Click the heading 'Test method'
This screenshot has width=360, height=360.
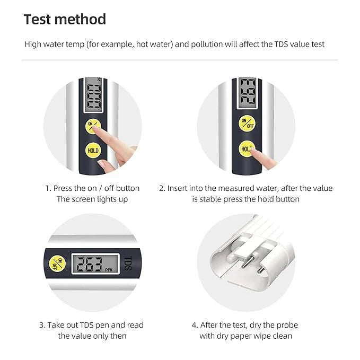[x=65, y=20]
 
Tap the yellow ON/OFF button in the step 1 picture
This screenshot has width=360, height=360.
[x=93, y=126]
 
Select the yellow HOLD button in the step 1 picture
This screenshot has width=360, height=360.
[x=93, y=151]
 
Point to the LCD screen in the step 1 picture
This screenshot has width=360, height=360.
[x=94, y=96]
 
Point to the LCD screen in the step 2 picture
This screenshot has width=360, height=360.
[x=247, y=91]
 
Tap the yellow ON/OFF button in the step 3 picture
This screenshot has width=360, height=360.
[x=56, y=264]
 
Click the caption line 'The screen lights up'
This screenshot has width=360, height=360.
[x=92, y=199]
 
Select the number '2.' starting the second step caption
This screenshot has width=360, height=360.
[x=162, y=188]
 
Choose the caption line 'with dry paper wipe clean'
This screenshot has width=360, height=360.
[x=245, y=336]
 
